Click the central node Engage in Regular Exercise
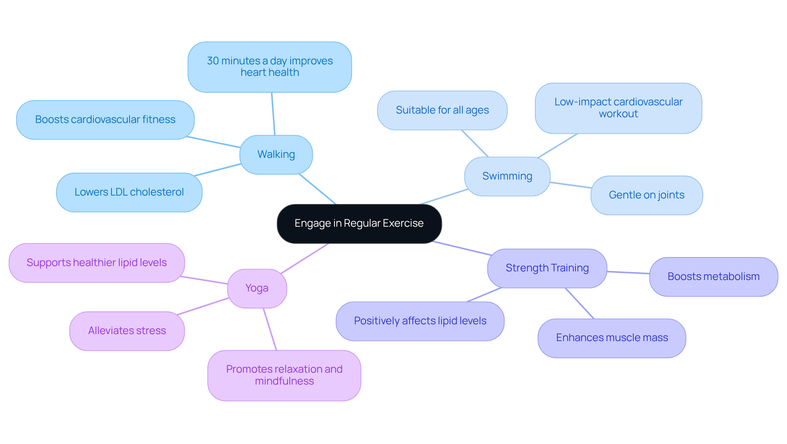tap(359, 223)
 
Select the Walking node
tap(276, 155)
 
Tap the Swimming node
tap(507, 176)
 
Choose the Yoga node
tap(257, 288)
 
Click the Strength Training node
tap(547, 268)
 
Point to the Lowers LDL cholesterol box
tap(129, 192)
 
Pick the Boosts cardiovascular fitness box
tap(105, 120)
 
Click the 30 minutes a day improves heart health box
tap(270, 67)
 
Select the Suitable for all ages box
tap(442, 110)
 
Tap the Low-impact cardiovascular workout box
tap(618, 108)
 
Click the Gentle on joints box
tap(646, 195)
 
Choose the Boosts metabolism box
tap(713, 277)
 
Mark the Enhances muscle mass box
tap(612, 338)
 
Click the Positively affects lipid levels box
tap(420, 321)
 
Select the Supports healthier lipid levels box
tap(97, 263)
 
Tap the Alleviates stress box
tap(127, 331)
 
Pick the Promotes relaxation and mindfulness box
tap(284, 375)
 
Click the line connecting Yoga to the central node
tap(305, 258)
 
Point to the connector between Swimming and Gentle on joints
tap(571, 185)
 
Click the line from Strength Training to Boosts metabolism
tap(628, 273)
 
